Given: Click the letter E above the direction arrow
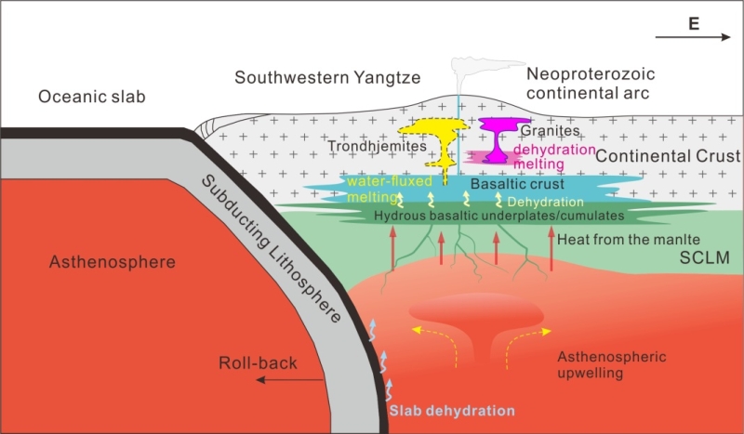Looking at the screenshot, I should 694,24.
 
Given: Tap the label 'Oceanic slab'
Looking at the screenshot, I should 91,97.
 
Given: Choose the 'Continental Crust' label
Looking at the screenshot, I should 668,156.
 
